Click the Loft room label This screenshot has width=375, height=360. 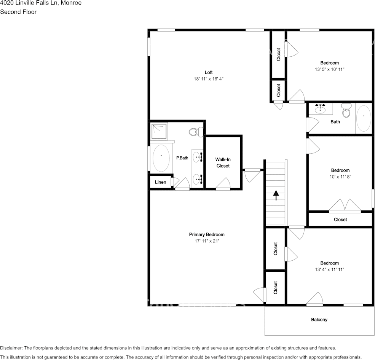click(209, 72)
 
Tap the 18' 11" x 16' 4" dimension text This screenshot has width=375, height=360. click(209, 79)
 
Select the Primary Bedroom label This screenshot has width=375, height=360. click(207, 234)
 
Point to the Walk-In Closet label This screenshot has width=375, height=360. click(223, 162)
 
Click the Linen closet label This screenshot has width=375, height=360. click(161, 182)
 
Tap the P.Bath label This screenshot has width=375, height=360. click(182, 158)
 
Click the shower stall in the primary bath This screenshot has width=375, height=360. click(159, 131)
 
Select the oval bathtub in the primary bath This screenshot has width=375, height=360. click(161, 158)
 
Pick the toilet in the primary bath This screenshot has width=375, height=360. click(196, 132)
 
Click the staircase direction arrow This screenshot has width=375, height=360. click(276, 195)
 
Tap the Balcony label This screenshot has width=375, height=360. click(319, 320)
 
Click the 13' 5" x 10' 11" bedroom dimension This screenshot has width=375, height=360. click(330, 69)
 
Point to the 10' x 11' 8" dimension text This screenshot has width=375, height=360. click(340, 177)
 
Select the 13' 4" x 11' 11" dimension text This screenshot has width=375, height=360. click(330, 270)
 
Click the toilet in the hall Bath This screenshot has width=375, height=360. click(346, 110)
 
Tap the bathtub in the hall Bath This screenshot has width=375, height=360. click(364, 119)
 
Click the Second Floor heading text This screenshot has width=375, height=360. click(18, 12)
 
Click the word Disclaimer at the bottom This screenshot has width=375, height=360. click(11, 348)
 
